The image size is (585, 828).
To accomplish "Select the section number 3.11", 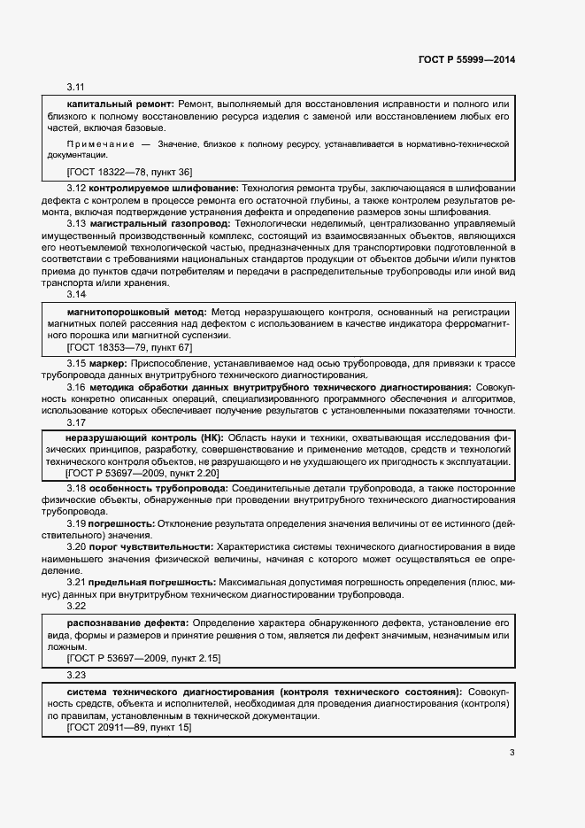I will pyautogui.click(x=75, y=88).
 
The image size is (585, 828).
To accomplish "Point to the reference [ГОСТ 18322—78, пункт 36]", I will pyautogui.click(x=129, y=172).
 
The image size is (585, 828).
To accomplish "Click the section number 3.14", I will pyautogui.click(x=75, y=295).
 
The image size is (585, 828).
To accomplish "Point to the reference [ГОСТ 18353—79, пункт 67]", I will pyautogui.click(x=129, y=348).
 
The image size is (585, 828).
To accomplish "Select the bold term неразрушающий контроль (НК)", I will pyautogui.click(x=145, y=437).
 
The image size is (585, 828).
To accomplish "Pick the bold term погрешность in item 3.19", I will pyautogui.click(x=120, y=524).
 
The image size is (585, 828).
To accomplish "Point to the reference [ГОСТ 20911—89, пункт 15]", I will pyautogui.click(x=129, y=727).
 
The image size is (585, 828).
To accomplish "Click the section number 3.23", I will pyautogui.click(x=75, y=675).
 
